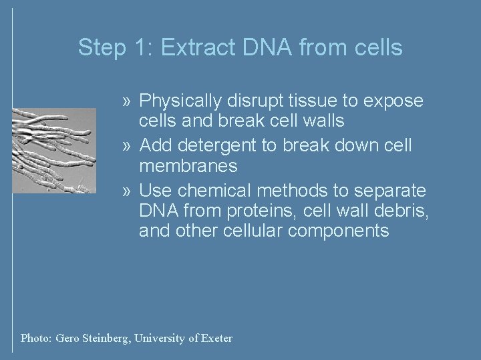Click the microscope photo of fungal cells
point(54,151)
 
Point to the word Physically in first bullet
point(176,101)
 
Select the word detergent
point(214,144)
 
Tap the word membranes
point(188,165)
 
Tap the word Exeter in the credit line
point(215,338)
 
